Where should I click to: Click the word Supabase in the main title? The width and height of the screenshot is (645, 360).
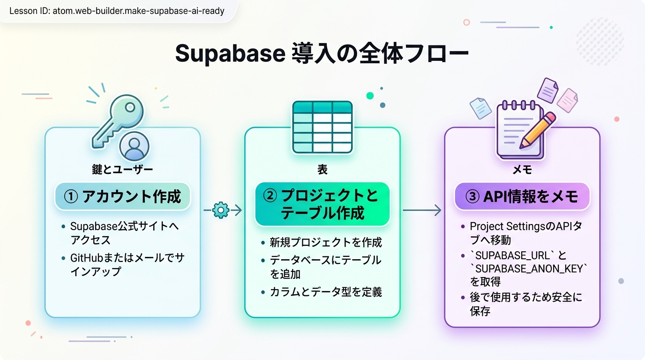click(x=230, y=54)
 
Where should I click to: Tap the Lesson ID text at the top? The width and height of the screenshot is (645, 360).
click(x=117, y=11)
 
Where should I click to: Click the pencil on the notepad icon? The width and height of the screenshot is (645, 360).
click(x=537, y=130)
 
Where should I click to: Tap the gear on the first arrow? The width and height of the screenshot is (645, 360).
click(x=220, y=210)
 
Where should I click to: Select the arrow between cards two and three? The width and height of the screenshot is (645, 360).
click(x=422, y=210)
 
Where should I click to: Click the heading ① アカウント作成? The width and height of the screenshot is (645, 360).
click(x=122, y=196)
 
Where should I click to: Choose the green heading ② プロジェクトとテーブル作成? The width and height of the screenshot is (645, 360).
click(x=322, y=204)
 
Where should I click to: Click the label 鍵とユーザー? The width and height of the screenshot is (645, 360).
click(x=122, y=170)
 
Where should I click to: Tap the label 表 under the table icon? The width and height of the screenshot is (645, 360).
click(x=322, y=170)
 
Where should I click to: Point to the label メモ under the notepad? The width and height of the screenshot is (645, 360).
click(x=522, y=170)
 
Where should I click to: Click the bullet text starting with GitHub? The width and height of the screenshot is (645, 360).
click(x=127, y=264)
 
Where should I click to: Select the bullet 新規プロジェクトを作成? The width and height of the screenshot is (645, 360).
click(x=326, y=242)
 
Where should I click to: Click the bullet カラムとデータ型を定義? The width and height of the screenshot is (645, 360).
click(x=326, y=292)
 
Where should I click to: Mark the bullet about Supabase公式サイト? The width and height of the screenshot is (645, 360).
click(x=124, y=232)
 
